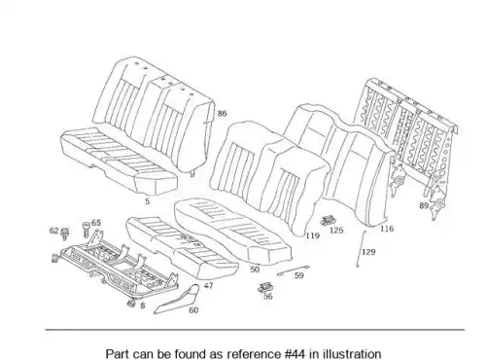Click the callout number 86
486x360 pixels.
point(222,114)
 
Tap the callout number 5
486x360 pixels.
point(148,201)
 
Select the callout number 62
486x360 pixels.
point(53,231)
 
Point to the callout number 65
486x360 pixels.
point(96,223)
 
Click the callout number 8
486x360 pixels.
point(143,306)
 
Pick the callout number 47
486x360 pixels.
point(209,285)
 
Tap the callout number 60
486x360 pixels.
point(193,310)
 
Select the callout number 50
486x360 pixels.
point(255,270)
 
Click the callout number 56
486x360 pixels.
point(268,296)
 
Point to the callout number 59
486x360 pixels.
point(299,275)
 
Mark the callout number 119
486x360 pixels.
point(313,235)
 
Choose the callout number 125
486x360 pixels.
point(336,231)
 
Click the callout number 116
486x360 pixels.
point(387,229)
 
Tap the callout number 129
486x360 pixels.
point(368,252)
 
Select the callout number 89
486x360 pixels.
point(424,205)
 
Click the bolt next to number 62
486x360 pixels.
point(64,234)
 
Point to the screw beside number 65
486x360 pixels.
point(87,230)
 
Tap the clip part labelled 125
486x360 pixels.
point(327,221)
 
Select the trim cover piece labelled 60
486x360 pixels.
point(177,300)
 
